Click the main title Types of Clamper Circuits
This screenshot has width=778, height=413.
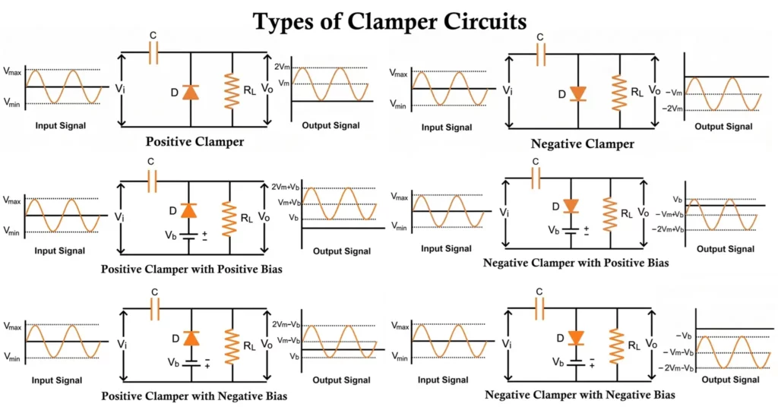pyautogui.click(x=389, y=20)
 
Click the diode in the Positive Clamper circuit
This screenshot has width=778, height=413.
pyautogui.click(x=190, y=93)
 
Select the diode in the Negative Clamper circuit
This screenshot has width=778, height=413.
pyautogui.click(x=578, y=93)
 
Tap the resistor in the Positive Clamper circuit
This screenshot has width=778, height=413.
pyautogui.click(x=232, y=91)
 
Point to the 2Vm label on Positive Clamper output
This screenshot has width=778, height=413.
pyautogui.click(x=282, y=67)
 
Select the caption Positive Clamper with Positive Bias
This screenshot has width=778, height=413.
pyautogui.click(x=191, y=269)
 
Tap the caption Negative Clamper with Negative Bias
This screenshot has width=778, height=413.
pyautogui.click(x=580, y=395)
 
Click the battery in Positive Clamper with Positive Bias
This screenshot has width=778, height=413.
pyautogui.click(x=191, y=234)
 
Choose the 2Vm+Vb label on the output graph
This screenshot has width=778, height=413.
pyautogui.click(x=286, y=187)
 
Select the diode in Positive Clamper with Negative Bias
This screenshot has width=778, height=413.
pyautogui.click(x=191, y=337)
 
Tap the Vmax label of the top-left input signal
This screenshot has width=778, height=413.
pyautogui.click(x=13, y=71)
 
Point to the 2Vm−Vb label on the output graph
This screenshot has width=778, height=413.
pyautogui.click(x=286, y=324)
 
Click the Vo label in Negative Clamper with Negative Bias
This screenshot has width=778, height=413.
pyautogui.click(x=650, y=343)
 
